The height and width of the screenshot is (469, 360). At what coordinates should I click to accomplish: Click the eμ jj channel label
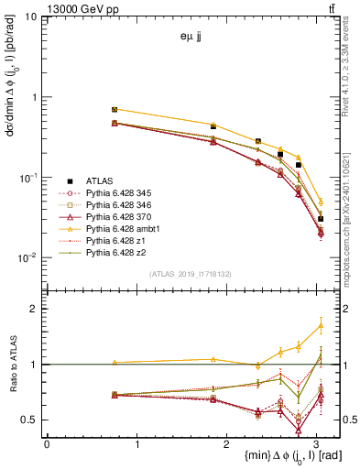click(x=191, y=38)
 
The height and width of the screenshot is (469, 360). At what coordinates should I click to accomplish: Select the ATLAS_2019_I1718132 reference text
click(x=191, y=273)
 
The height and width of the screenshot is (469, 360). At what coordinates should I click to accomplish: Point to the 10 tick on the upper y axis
click(x=32, y=17)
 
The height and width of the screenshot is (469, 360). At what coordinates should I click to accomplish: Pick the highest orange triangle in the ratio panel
click(x=321, y=324)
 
